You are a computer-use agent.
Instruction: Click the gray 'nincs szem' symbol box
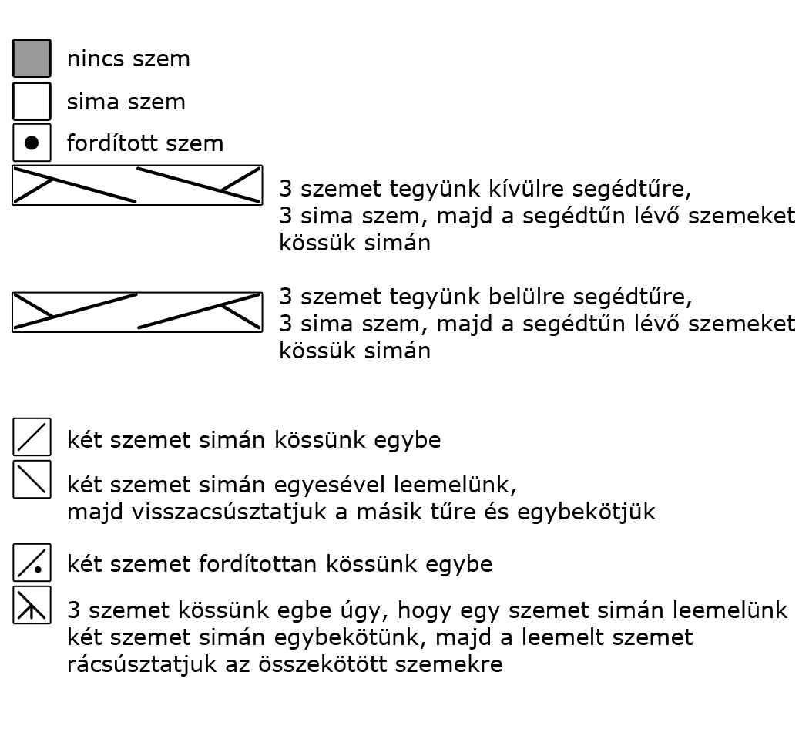pos(32,59)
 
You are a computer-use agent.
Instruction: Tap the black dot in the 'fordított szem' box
pos(32,143)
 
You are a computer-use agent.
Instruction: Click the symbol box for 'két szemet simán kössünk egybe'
pos(32,437)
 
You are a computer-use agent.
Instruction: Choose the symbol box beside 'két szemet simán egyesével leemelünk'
pos(32,480)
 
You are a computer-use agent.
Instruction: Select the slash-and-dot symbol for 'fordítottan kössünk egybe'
pos(32,563)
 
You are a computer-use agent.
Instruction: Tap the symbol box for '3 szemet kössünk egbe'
pos(32,605)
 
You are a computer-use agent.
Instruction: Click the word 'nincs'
pos(96,59)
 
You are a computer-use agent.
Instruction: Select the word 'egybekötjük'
pos(586,512)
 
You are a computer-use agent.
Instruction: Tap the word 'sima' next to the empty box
pos(93,102)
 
